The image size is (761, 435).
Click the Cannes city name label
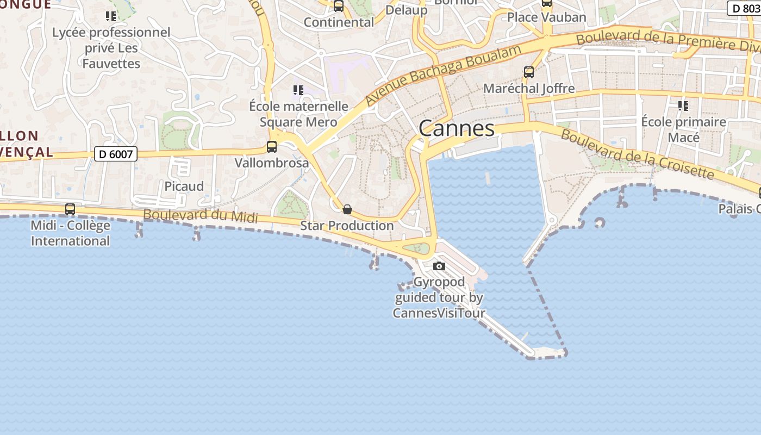pyautogui.click(x=457, y=128)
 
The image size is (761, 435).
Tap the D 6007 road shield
pyautogui.click(x=116, y=154)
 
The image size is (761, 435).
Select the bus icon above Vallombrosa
pyautogui.click(x=272, y=147)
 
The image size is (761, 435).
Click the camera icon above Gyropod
pyautogui.click(x=439, y=266)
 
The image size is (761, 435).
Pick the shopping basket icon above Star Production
pyautogui.click(x=347, y=209)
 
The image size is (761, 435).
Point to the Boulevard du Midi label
pyautogui.click(x=200, y=215)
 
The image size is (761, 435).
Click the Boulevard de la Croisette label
pyautogui.click(x=637, y=154)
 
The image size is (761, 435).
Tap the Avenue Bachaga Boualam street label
pyautogui.click(x=443, y=75)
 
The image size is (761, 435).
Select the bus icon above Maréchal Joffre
pyautogui.click(x=528, y=72)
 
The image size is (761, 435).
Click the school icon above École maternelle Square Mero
pyautogui.click(x=298, y=90)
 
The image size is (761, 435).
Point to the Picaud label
pyautogui.click(x=184, y=186)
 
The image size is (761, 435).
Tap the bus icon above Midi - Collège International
pyautogui.click(x=70, y=209)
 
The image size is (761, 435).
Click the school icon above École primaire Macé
pyautogui.click(x=683, y=105)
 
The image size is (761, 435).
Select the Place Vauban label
pyautogui.click(x=546, y=17)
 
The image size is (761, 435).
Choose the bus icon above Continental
pyautogui.click(x=339, y=7)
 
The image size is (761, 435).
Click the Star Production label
pyautogui.click(x=347, y=225)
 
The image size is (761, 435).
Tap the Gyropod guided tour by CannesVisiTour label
pyautogui.click(x=439, y=297)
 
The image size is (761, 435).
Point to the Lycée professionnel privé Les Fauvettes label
pyautogui.click(x=111, y=48)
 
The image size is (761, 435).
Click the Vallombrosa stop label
pyautogui.click(x=272, y=163)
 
